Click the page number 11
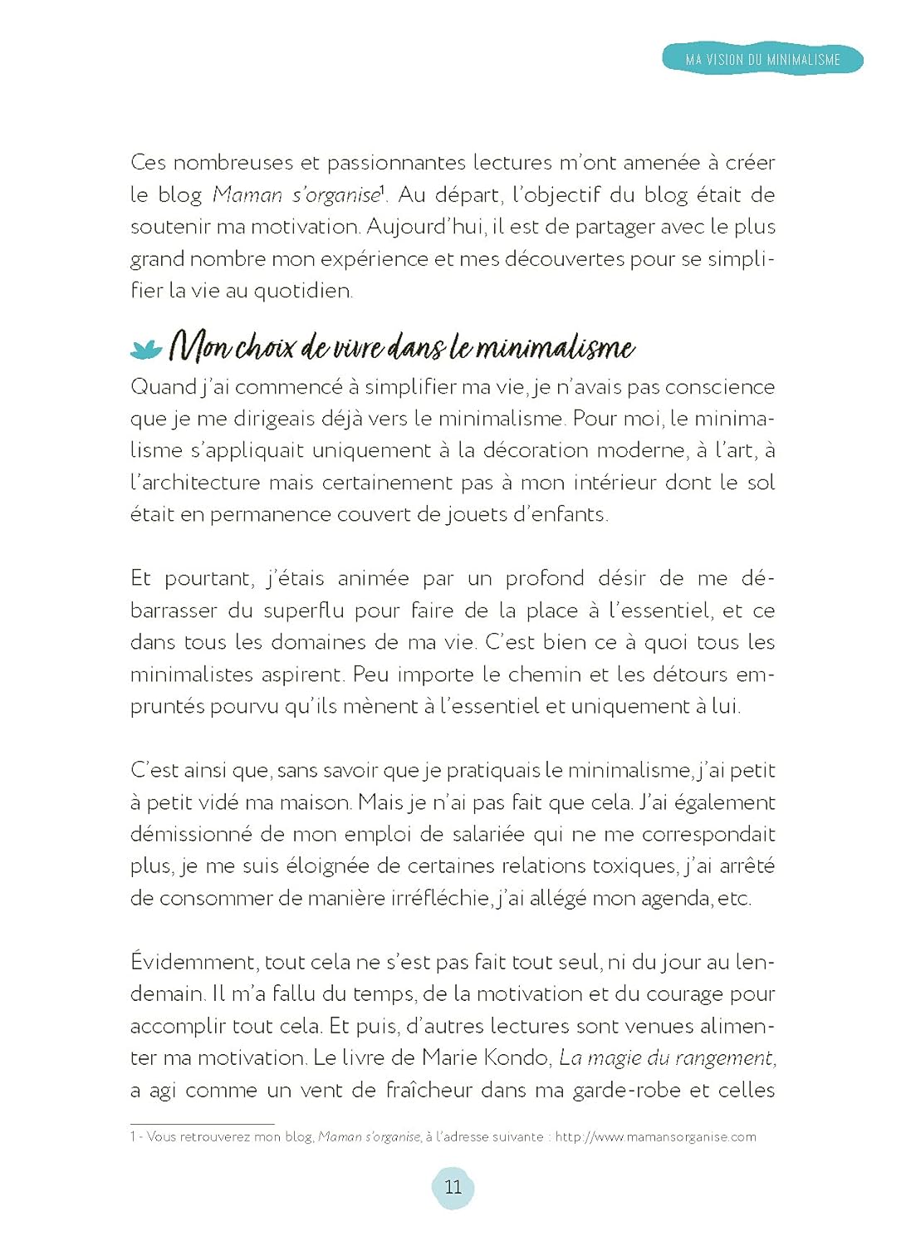[453, 1187]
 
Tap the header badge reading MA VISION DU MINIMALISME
[762, 60]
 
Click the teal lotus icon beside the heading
[146, 349]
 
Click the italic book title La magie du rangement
[667, 1058]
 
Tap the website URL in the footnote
[655, 1136]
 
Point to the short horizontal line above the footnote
[202, 1124]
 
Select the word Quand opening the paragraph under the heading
[162, 387]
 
